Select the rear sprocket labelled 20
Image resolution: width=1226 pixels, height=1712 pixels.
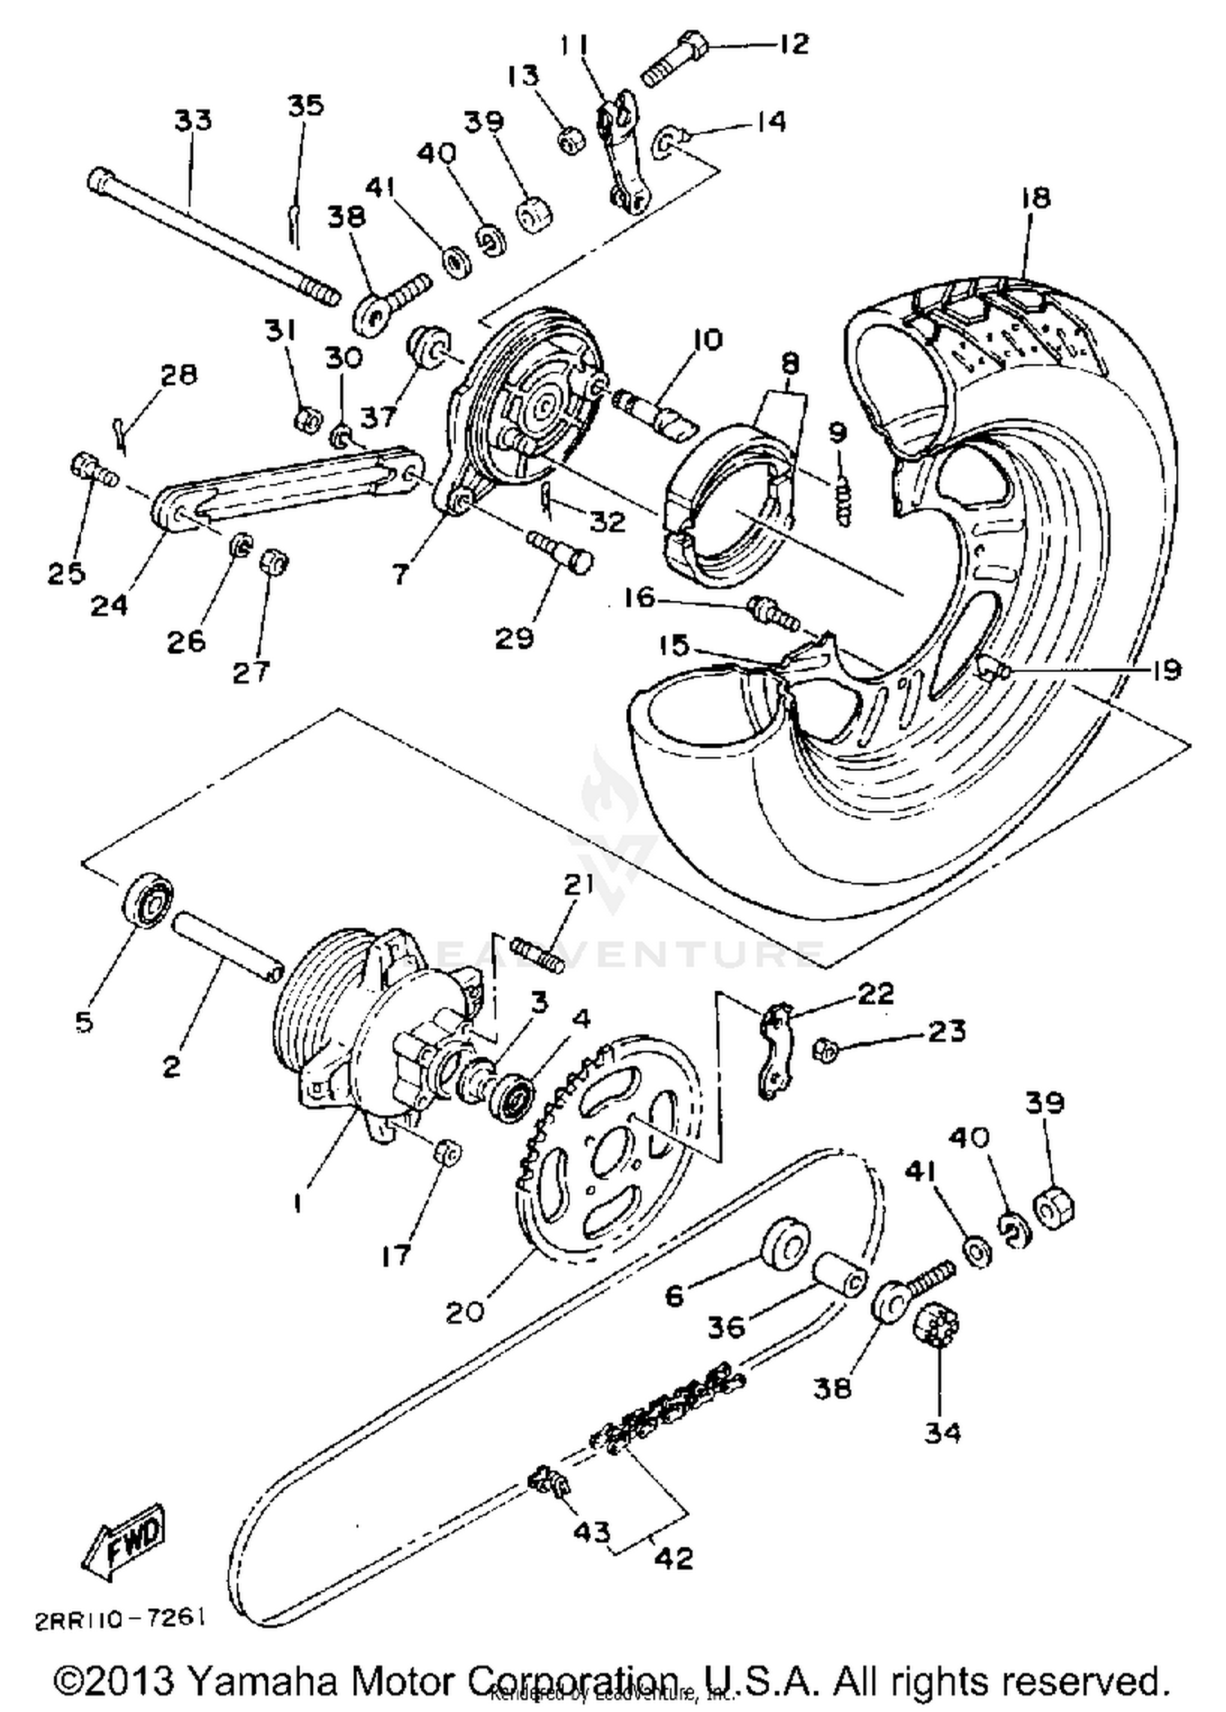609,1144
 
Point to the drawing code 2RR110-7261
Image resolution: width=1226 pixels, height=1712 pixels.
119,1619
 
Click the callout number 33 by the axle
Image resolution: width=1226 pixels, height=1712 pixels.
193,120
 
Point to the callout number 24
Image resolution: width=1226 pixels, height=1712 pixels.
110,605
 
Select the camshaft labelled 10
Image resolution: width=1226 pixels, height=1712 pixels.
658,414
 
